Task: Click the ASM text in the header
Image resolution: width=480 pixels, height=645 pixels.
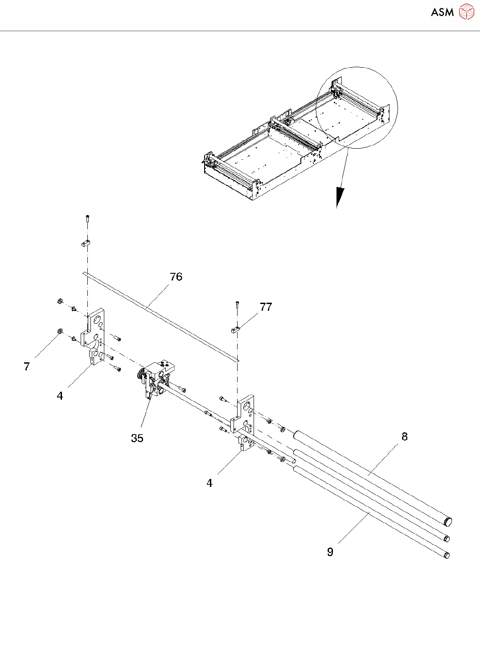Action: [442, 12]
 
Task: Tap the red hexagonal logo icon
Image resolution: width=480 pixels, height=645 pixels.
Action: [466, 12]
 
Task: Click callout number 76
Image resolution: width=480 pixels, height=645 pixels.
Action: [176, 277]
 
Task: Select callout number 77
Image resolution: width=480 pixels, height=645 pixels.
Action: [266, 307]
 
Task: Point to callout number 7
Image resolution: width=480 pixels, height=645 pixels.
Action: [27, 366]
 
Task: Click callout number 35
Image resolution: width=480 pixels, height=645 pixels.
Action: [137, 438]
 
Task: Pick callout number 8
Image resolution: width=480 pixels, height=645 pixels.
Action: [404, 437]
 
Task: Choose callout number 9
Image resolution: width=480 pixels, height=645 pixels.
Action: [330, 552]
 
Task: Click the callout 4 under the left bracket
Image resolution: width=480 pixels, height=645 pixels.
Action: [60, 396]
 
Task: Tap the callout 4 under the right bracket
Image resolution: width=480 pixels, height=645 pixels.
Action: [209, 483]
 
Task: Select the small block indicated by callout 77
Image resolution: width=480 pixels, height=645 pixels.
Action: [236, 330]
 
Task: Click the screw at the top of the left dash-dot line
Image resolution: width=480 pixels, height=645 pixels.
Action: [87, 218]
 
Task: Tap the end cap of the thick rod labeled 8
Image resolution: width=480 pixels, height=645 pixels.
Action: [448, 521]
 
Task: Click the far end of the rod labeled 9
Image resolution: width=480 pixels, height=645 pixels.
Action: [447, 555]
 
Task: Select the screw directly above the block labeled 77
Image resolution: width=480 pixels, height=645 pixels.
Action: [237, 305]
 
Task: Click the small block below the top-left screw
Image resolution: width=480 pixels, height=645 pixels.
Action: [86, 243]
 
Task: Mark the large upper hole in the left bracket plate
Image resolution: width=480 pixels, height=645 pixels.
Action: [97, 320]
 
